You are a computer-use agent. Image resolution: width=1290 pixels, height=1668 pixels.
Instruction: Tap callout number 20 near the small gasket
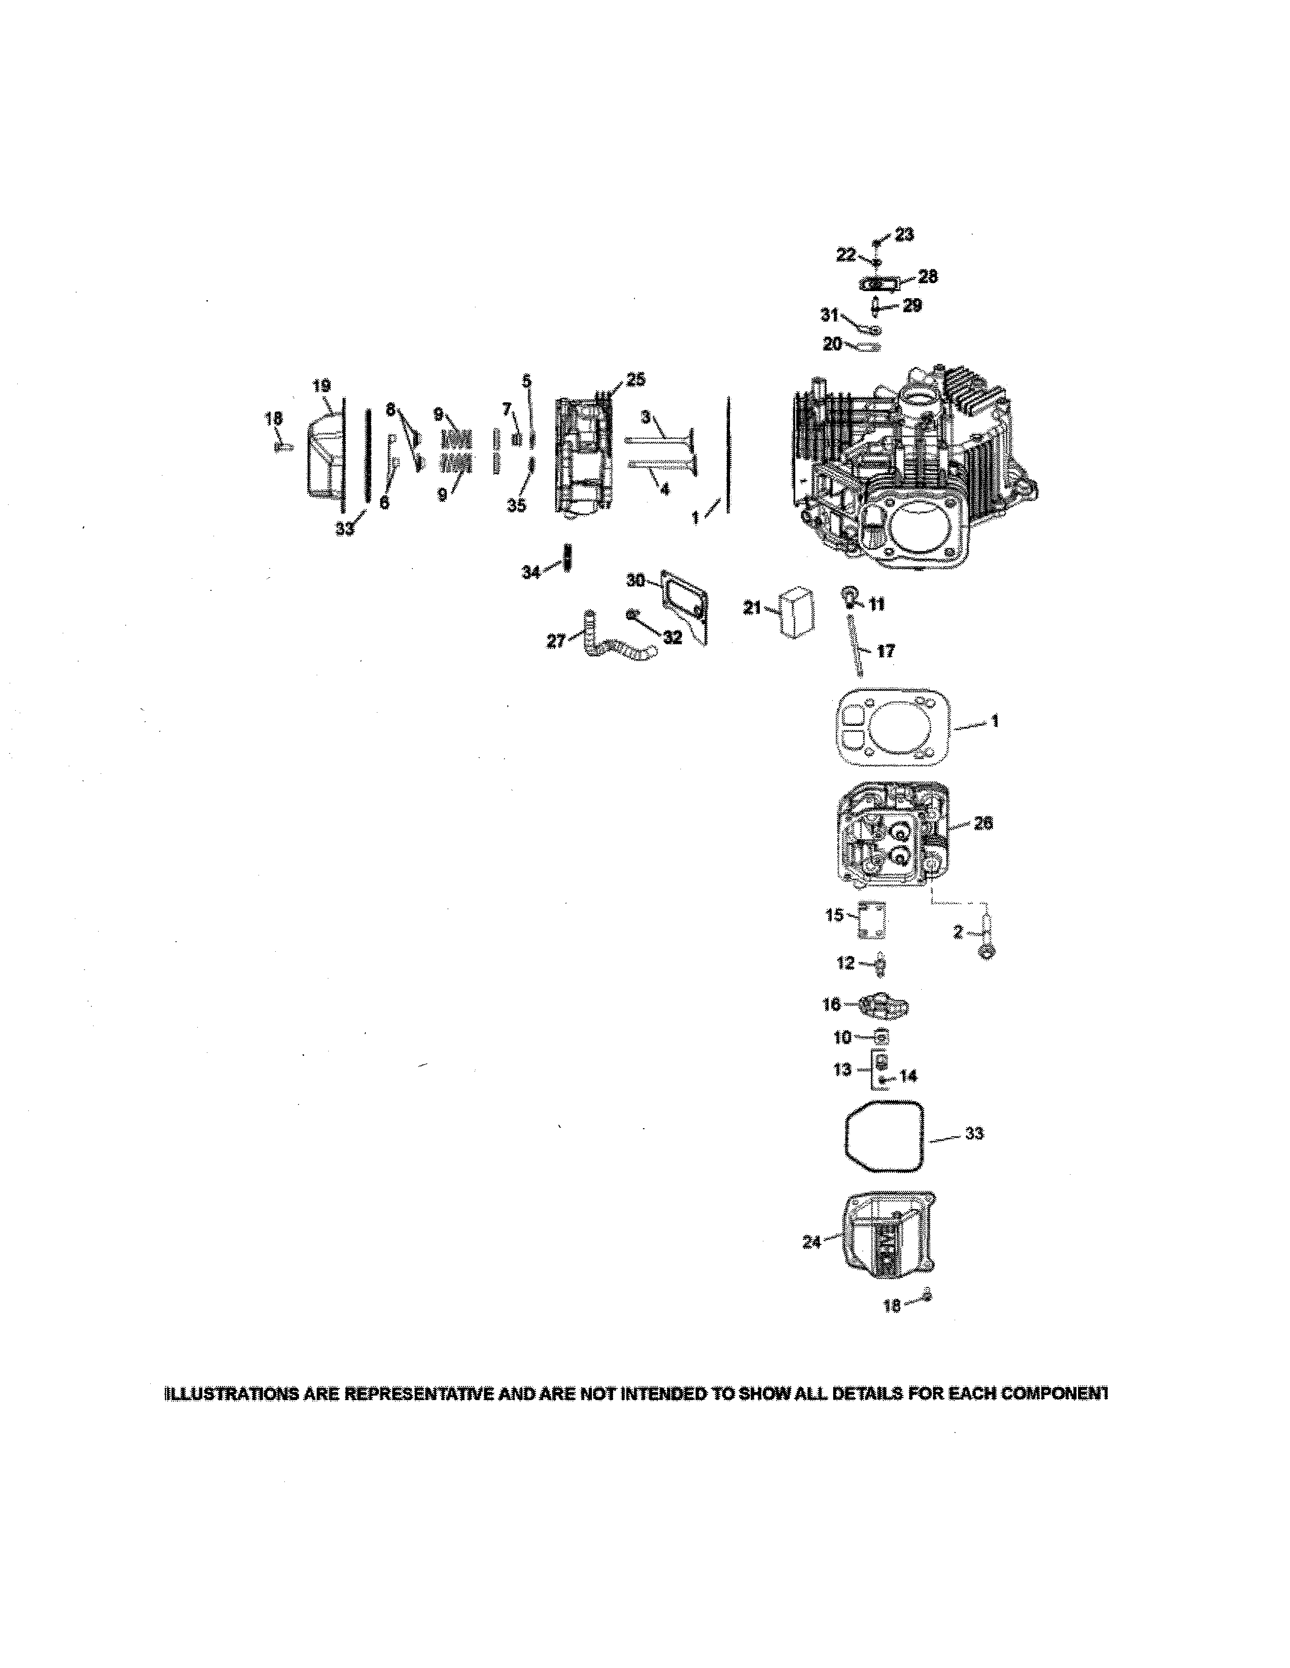[832, 344]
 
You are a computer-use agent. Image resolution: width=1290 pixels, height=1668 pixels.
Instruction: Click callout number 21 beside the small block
[753, 607]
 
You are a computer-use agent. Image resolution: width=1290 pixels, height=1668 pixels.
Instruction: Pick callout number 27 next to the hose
[556, 641]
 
